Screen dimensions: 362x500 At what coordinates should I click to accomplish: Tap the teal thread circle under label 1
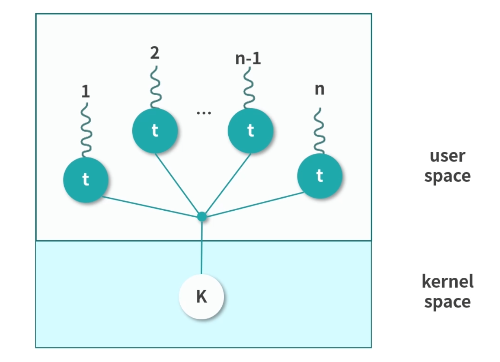[x=85, y=179]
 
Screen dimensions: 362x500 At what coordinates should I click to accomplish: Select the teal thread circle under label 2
[x=155, y=131]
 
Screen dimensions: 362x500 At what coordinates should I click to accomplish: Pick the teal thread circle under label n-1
[x=250, y=131]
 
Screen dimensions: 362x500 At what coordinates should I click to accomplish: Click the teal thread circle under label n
[x=319, y=176]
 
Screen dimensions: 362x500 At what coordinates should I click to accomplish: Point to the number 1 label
[x=85, y=92]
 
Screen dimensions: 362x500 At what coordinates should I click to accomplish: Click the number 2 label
[x=155, y=53]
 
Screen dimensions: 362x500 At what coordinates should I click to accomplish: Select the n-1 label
[x=248, y=59]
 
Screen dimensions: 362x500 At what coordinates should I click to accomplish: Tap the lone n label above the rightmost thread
[x=320, y=89]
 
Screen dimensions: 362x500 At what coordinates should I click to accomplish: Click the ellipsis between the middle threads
[x=203, y=113]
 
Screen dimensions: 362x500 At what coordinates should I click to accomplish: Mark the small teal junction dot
[x=202, y=216]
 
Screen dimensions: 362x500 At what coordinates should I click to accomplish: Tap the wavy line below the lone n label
[x=320, y=130]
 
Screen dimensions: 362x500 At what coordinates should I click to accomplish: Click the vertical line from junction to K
[x=201, y=248]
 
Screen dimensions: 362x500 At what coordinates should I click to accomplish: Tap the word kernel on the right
[x=448, y=281]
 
